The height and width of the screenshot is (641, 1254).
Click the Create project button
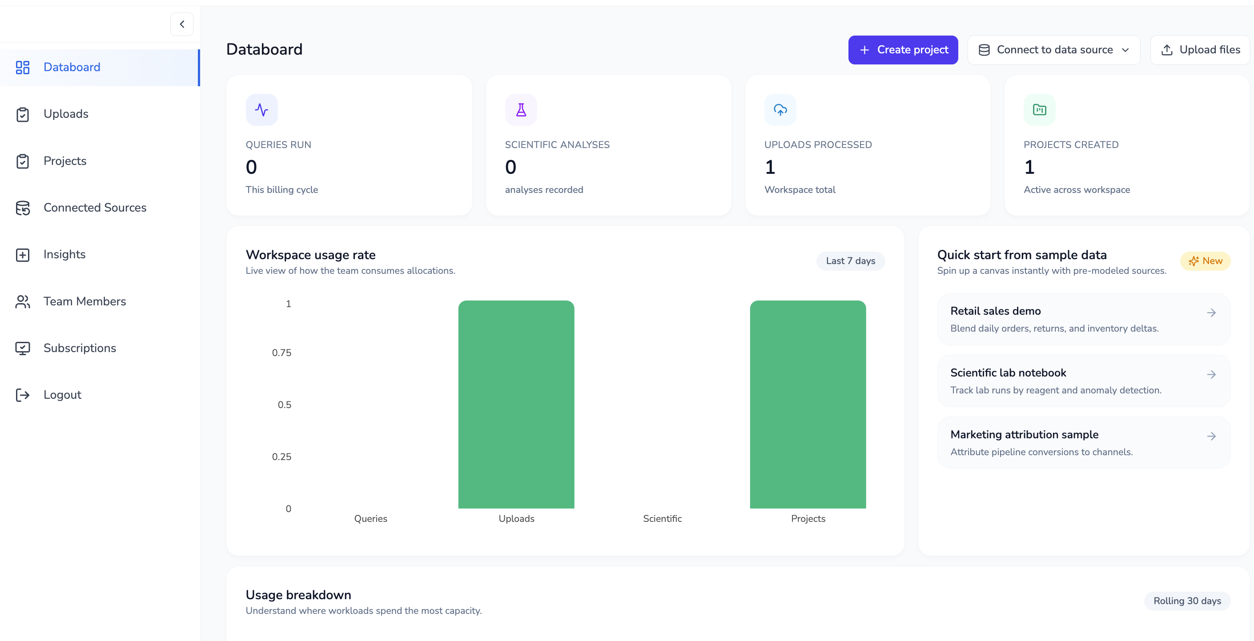903,50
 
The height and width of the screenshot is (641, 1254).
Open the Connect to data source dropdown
1053,50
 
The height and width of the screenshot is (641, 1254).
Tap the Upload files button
1201,50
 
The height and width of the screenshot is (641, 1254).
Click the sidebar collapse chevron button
182,24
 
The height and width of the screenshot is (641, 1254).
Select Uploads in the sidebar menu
66,114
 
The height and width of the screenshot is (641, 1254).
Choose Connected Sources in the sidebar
94,208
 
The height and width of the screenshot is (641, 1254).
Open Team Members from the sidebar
84,301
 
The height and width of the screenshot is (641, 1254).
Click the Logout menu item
62,395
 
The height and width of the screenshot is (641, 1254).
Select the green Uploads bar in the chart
516,404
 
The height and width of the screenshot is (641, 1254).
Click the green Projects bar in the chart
808,404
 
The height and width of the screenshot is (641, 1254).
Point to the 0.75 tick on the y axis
281,353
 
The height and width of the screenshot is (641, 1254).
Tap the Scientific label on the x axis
662,519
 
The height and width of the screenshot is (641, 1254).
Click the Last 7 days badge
850,261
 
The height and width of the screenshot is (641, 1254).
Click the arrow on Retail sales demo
1211,312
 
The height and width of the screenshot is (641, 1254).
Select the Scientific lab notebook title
1008,373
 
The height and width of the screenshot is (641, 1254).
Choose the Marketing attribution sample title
1024,435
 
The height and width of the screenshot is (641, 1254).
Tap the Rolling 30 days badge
1187,601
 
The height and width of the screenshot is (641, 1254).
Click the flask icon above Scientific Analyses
521,110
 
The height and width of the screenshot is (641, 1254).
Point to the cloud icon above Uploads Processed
780,110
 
